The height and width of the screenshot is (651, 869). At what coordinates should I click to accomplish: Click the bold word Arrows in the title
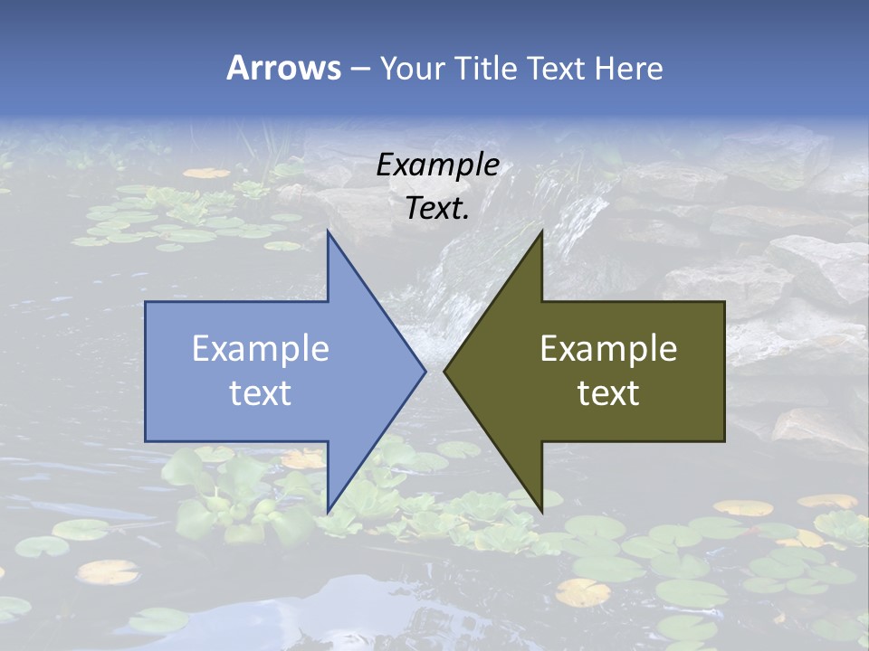(282, 68)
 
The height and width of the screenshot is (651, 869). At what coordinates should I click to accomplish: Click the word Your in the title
(410, 69)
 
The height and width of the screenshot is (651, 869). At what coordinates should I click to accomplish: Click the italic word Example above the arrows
(437, 165)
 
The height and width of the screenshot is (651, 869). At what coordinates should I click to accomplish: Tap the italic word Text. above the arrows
(437, 208)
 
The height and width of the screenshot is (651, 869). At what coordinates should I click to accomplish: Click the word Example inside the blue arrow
(261, 348)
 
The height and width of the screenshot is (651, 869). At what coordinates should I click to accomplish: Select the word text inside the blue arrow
(261, 392)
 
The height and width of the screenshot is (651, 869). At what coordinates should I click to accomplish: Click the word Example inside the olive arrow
(608, 348)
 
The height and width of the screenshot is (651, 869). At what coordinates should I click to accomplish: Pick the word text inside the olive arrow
(608, 392)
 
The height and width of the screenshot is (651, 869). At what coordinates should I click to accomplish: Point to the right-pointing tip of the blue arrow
(425, 371)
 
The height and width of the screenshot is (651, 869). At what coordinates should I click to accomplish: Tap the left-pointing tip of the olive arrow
(444, 371)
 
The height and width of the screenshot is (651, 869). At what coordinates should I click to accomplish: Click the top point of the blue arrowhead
(328, 231)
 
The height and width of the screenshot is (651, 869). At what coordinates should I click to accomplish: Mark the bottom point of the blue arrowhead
(328, 511)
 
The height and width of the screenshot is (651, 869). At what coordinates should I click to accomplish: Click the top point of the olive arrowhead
(541, 231)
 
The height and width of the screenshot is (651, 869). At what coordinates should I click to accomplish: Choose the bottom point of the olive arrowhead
(541, 511)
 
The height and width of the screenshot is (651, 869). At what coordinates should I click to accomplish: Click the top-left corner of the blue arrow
(146, 302)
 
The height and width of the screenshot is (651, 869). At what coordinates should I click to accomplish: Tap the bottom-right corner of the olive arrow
(724, 441)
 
